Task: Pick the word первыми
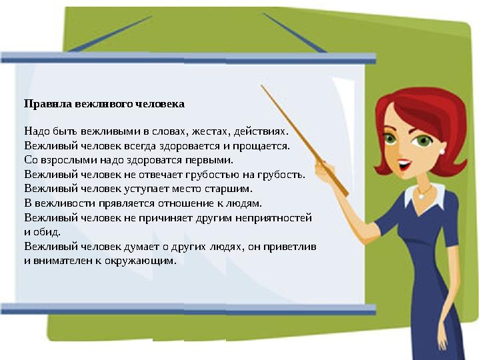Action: coord(209,161)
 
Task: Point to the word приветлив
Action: coord(291,247)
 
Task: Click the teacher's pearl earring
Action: coord(441,151)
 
